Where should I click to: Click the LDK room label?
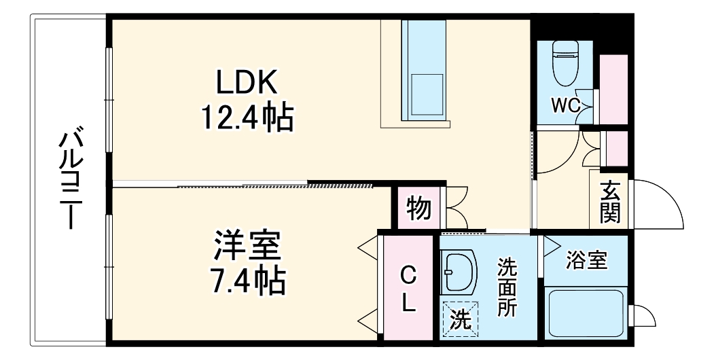click(246, 83)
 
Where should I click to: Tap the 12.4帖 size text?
click(246, 118)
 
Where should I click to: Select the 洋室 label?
click(247, 246)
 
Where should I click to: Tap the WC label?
click(565, 105)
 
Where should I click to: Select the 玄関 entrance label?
click(609, 202)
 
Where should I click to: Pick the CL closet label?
click(408, 289)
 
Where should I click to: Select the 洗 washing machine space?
click(460, 319)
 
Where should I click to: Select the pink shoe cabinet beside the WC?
click(614, 88)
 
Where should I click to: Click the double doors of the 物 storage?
click(456, 206)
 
